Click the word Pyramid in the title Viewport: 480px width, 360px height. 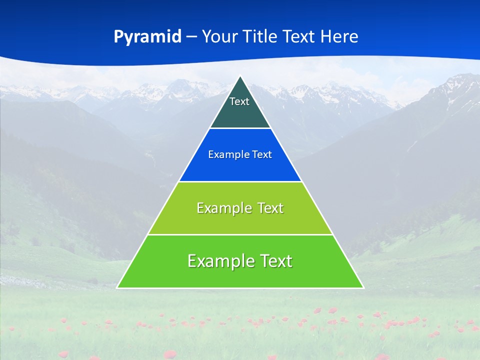pos(147,36)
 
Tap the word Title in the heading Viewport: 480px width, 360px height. pos(261,36)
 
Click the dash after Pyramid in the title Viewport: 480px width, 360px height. pos(191,37)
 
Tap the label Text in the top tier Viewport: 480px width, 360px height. pos(239,101)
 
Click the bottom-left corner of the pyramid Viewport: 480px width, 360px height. pos(117,287)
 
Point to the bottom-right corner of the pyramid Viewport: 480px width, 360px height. pos(363,287)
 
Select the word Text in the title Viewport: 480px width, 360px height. pos(300,36)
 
